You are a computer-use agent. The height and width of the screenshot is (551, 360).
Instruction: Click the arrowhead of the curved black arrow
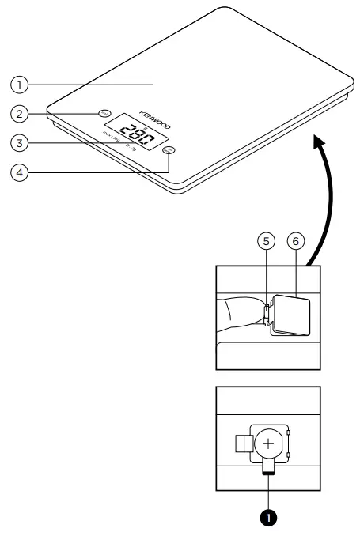[x=318, y=142]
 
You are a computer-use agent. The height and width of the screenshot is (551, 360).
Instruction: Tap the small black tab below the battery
[x=267, y=472]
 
